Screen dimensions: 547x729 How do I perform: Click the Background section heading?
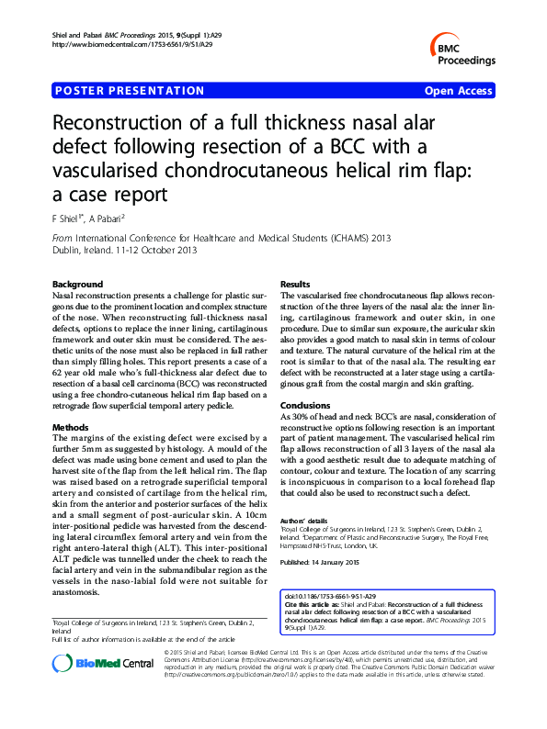(x=77, y=286)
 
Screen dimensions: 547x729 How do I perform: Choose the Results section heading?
(x=296, y=286)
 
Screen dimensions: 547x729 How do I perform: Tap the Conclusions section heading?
(x=304, y=405)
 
